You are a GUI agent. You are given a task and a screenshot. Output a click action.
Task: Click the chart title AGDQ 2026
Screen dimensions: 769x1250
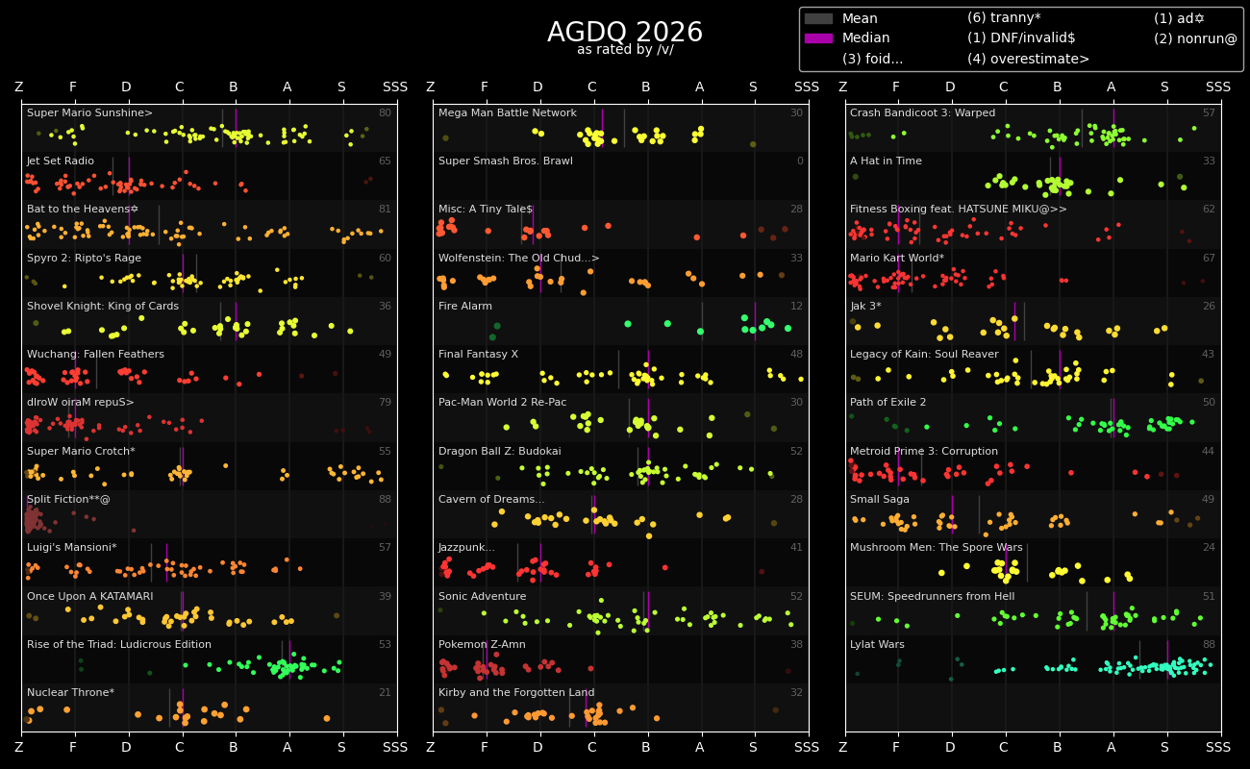click(x=625, y=33)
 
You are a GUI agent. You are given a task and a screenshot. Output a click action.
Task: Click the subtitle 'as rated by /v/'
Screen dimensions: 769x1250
click(x=625, y=50)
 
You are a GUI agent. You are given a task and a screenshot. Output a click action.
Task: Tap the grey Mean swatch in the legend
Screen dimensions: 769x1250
click(x=818, y=18)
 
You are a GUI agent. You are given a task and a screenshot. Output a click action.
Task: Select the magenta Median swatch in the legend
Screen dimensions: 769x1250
click(x=818, y=38)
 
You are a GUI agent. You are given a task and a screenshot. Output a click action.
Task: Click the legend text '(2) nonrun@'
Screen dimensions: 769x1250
click(x=1195, y=38)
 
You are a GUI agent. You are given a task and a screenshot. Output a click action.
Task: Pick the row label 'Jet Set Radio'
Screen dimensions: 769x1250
click(x=61, y=161)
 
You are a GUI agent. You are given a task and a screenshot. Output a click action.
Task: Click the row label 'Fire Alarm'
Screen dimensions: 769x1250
click(x=465, y=307)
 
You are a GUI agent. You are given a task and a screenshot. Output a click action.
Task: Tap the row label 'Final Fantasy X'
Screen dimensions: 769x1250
click(x=478, y=355)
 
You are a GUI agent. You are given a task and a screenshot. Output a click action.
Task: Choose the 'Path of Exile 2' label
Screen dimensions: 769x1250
click(x=888, y=403)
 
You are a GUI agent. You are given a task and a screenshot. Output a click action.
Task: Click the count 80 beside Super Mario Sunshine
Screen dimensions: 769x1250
click(x=385, y=113)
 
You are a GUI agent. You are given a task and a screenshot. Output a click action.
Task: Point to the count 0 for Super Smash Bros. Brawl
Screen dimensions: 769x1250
click(x=800, y=161)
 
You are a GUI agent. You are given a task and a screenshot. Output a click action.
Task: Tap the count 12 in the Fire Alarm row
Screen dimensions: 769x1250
click(x=797, y=307)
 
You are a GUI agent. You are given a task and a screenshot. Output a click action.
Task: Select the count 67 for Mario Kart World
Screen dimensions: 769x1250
click(x=1209, y=259)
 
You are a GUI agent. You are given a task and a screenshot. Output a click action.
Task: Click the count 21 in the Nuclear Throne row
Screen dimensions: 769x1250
click(x=385, y=693)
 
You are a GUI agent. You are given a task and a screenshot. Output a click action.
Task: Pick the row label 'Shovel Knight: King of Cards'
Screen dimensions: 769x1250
click(x=103, y=307)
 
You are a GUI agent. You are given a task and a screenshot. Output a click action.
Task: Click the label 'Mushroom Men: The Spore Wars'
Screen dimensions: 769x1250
click(x=921, y=548)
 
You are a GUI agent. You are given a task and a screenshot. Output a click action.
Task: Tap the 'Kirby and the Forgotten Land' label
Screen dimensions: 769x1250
click(x=516, y=693)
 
